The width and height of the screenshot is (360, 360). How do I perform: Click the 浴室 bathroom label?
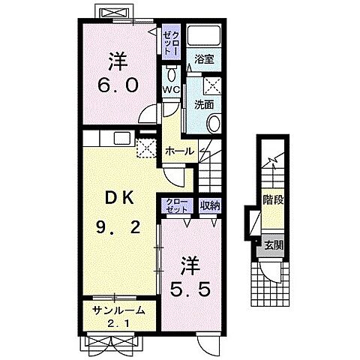[x=204, y=59]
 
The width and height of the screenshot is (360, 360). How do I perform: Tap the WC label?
[x=172, y=90]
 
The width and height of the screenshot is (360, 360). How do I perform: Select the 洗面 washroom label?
[x=204, y=105]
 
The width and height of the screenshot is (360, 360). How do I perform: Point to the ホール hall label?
[x=179, y=151]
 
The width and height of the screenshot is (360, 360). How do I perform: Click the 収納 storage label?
[x=210, y=205]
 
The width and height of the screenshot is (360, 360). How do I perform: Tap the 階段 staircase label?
[x=273, y=200]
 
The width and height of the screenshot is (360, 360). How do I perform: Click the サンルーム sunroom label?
[x=118, y=310]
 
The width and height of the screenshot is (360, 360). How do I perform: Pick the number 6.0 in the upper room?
[x=118, y=85]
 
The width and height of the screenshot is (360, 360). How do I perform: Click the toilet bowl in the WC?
[x=172, y=74]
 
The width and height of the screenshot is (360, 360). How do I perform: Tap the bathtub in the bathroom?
[x=204, y=35]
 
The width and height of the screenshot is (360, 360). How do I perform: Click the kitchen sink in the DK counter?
[x=122, y=138]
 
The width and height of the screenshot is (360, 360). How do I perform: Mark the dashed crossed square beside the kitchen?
[x=146, y=148]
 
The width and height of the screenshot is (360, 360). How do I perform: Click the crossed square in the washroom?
[x=213, y=86]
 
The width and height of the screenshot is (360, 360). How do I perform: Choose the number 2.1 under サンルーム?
[x=118, y=324]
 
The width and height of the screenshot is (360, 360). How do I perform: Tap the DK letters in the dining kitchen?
[x=118, y=199]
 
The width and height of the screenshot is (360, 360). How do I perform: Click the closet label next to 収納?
[x=177, y=205]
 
